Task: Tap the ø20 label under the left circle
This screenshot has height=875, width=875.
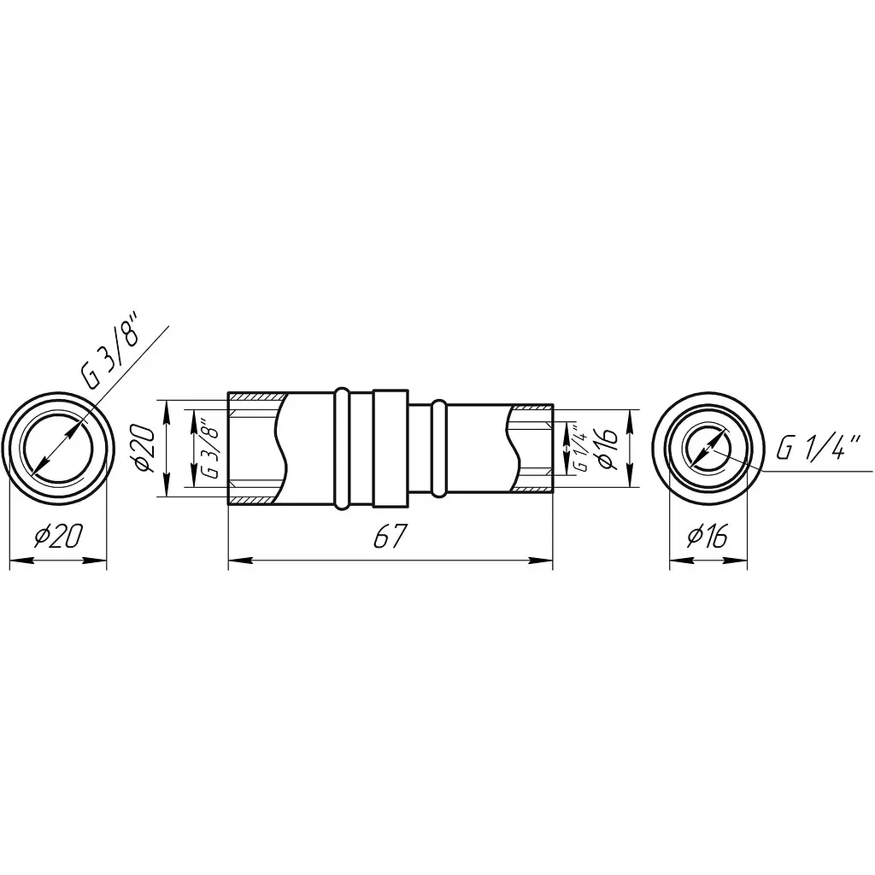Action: tap(59, 537)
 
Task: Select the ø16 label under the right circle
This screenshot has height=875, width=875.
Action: tap(708, 537)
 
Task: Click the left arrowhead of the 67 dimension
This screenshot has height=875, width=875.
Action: tap(240, 561)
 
